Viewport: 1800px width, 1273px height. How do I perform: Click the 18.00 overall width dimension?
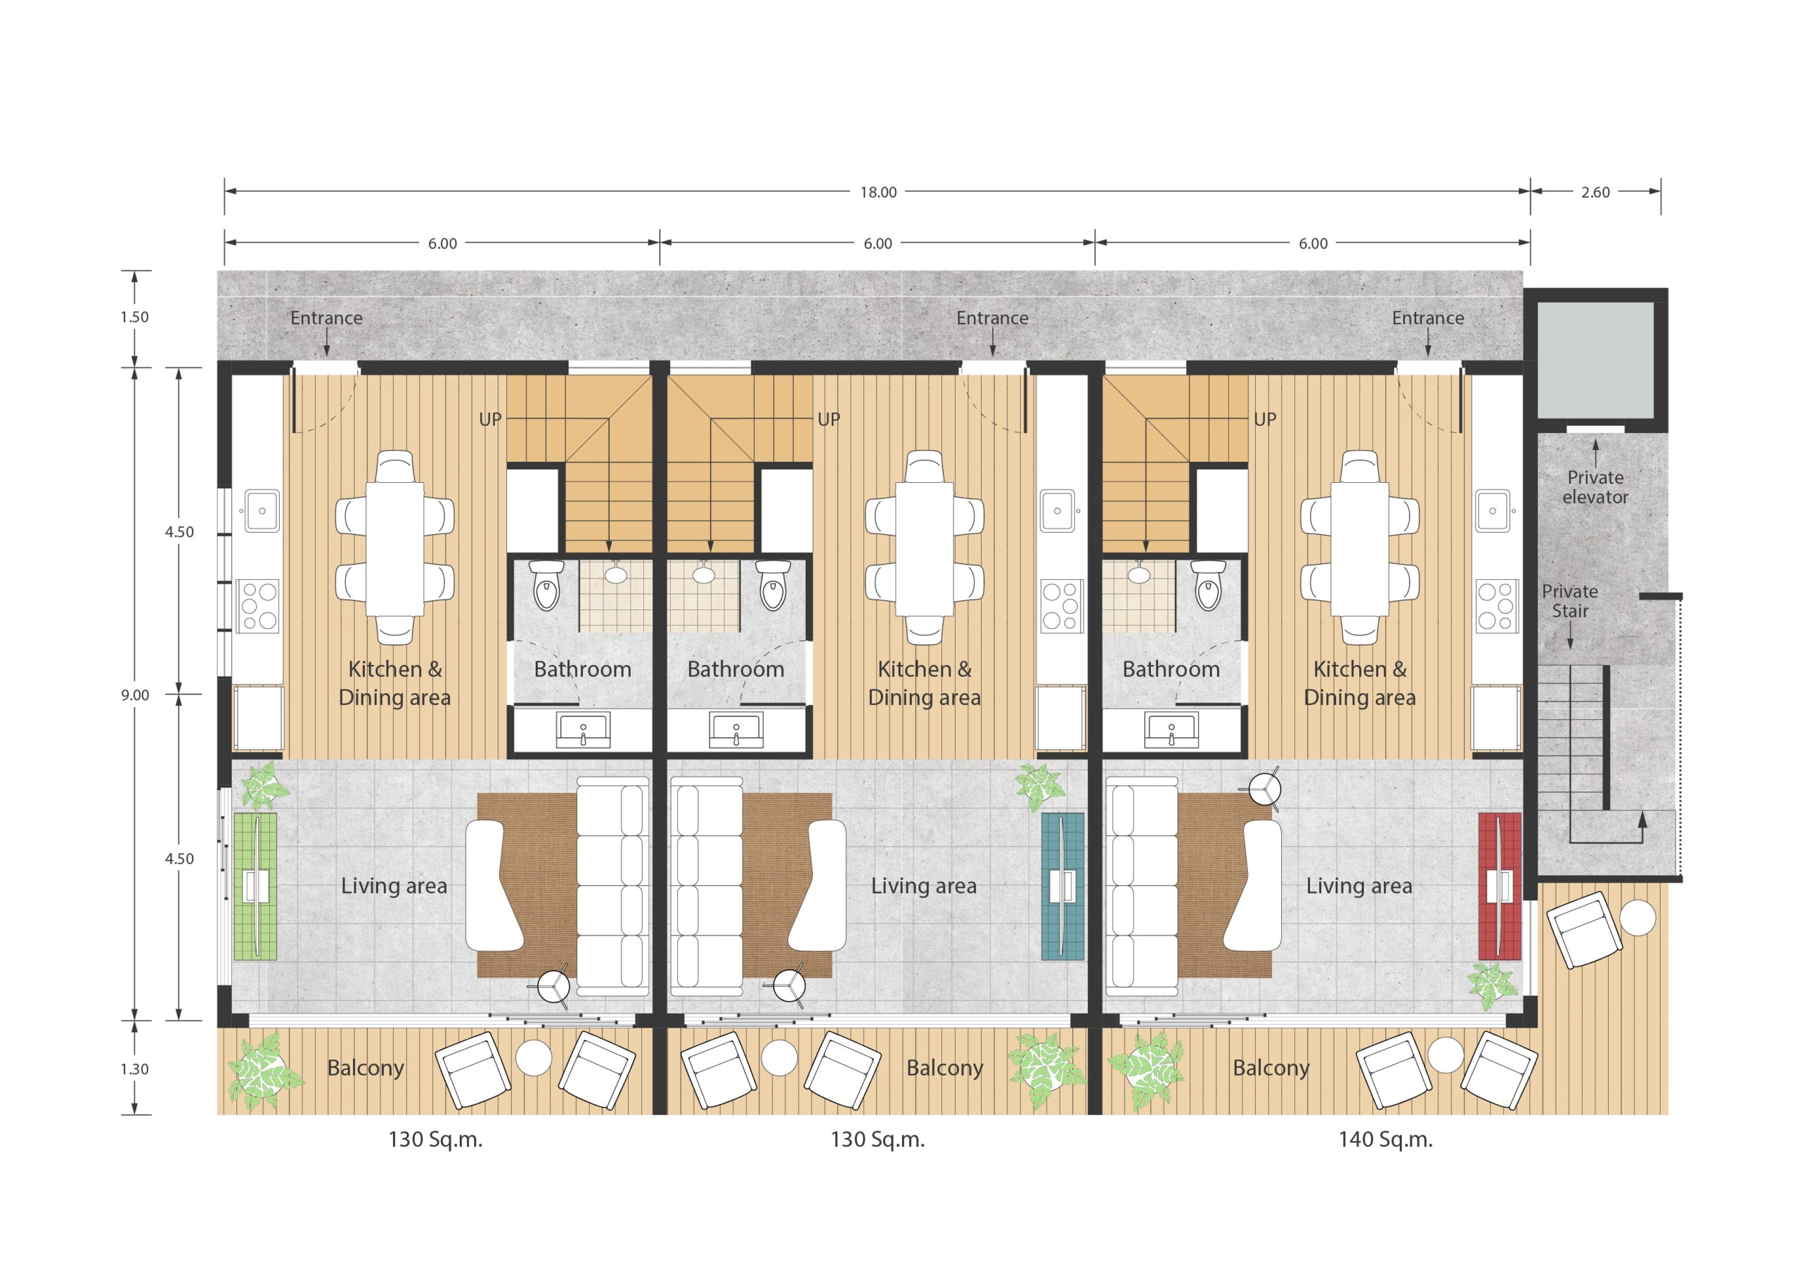click(x=878, y=192)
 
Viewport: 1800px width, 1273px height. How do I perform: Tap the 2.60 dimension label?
click(x=1595, y=192)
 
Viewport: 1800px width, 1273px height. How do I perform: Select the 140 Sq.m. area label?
click(x=1385, y=1139)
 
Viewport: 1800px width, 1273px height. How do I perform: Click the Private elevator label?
click(x=1595, y=487)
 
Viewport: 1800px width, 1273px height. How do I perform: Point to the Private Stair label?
click(x=1569, y=600)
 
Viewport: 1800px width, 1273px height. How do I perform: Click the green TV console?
click(x=255, y=886)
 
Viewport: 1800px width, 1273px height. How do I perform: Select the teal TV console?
click(x=1062, y=886)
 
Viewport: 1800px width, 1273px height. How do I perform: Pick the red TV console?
click(x=1499, y=886)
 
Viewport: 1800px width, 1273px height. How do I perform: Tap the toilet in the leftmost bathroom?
click(x=546, y=584)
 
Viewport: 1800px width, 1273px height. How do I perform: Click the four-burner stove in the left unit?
click(x=258, y=605)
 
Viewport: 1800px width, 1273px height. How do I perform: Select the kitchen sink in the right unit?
click(x=1493, y=510)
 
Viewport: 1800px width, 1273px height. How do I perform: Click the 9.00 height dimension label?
click(x=135, y=694)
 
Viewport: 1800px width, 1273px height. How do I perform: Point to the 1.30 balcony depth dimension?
click(x=135, y=1068)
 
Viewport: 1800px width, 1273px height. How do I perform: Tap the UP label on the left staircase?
click(x=490, y=420)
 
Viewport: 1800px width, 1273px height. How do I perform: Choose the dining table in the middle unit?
click(x=925, y=548)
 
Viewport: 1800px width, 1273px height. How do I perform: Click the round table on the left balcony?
click(x=534, y=1056)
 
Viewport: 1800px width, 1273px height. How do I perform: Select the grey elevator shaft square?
click(x=1595, y=361)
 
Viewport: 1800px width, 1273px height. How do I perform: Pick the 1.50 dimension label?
click(x=135, y=317)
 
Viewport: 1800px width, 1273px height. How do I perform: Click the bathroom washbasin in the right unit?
click(x=1171, y=730)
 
